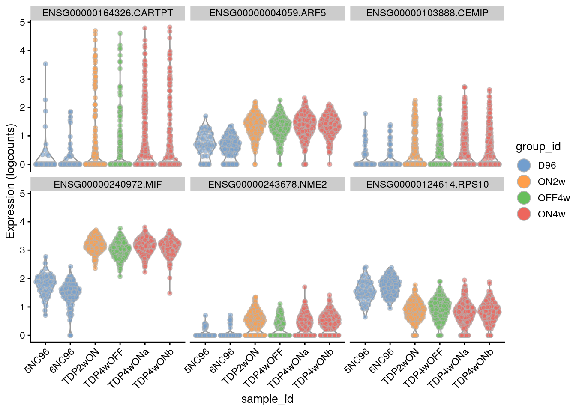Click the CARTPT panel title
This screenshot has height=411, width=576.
(x=108, y=13)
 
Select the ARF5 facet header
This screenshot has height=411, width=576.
(x=267, y=13)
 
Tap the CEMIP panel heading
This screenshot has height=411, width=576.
(x=427, y=13)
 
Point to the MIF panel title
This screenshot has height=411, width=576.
(x=108, y=185)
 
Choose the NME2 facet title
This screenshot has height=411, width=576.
(x=267, y=185)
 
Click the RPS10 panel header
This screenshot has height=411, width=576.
(x=427, y=185)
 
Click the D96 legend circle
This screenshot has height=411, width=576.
(x=524, y=165)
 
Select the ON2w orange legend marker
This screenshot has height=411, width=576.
(x=524, y=182)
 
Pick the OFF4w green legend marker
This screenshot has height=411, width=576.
(x=524, y=198)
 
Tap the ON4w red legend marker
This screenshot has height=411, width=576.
(x=524, y=214)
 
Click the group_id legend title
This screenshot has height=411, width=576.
(x=538, y=147)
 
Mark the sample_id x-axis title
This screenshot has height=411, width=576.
(x=267, y=399)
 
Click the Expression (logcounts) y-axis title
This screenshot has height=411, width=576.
(x=10, y=182)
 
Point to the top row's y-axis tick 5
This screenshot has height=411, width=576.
(x=22, y=22)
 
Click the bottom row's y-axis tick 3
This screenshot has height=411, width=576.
(x=22, y=250)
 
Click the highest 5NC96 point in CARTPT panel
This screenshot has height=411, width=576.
(x=45, y=64)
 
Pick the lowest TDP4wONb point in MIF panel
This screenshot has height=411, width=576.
(x=170, y=293)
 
